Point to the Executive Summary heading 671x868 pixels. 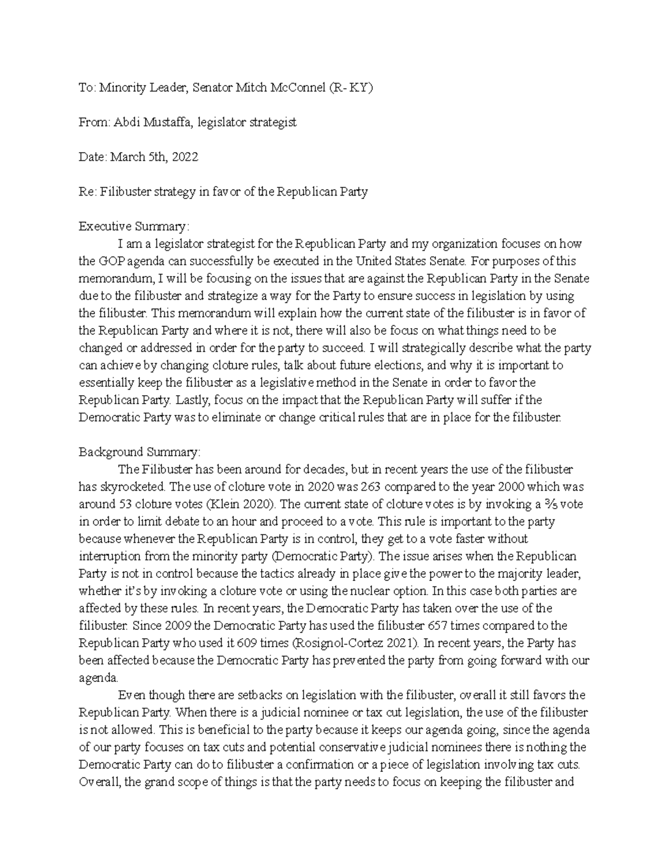tap(134, 226)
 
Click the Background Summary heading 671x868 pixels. tap(139, 452)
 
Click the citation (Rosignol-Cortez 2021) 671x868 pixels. tap(356, 643)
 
